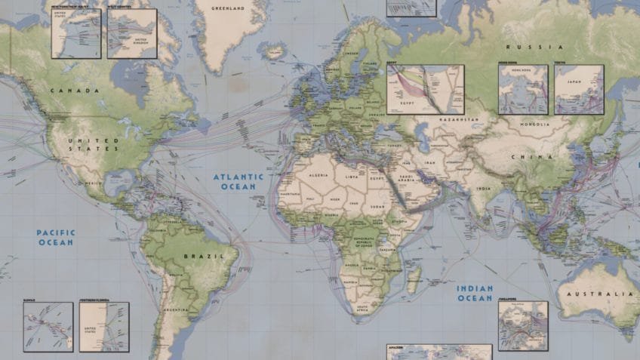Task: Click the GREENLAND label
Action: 229,9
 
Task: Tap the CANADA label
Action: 75,91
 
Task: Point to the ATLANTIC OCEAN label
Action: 238,181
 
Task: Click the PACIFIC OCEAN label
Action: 56,238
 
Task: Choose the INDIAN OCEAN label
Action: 475,293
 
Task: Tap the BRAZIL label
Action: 204,257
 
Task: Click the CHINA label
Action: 522,157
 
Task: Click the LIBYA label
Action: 352,177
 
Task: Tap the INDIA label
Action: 483,189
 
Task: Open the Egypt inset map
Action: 426,89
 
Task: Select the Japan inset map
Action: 579,89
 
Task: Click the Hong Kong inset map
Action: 523,89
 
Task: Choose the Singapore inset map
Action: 523,326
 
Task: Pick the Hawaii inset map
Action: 48,327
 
